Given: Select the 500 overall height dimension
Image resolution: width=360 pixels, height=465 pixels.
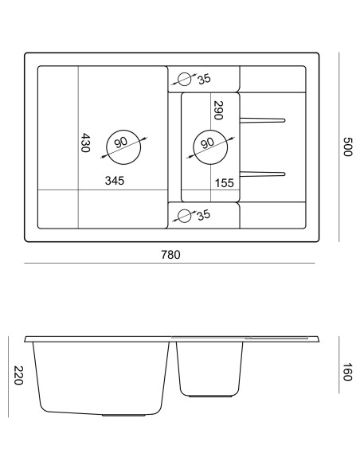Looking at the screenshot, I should pos(346,147).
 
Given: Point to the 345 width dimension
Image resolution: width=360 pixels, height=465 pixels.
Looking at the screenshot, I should pos(114,182).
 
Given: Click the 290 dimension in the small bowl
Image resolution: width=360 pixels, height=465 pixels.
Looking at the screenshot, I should pos(218,110).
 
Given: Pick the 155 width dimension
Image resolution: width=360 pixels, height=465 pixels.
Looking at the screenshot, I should pos(224,183).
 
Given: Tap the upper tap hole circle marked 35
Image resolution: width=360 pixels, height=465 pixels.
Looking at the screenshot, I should pos(186,79).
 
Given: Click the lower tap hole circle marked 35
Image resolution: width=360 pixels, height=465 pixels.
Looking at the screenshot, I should pos(186,215).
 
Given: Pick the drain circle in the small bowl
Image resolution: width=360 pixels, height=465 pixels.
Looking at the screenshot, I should pos(209,145).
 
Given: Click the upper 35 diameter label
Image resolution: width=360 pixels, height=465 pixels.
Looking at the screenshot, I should pos(204,78).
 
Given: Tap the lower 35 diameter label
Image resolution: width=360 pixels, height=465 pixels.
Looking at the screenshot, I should pos(203,214).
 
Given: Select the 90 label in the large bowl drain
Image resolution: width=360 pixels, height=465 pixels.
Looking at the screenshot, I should pos(121,143).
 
